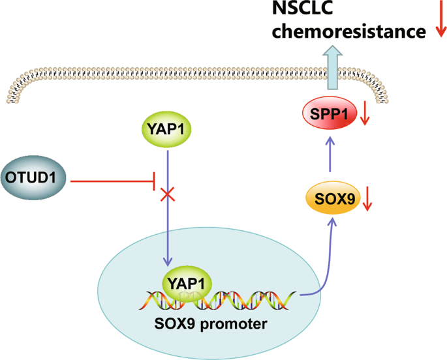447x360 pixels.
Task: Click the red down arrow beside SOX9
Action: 367,200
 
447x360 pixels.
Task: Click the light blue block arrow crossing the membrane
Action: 333,72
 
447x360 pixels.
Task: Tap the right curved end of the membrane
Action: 389,91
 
